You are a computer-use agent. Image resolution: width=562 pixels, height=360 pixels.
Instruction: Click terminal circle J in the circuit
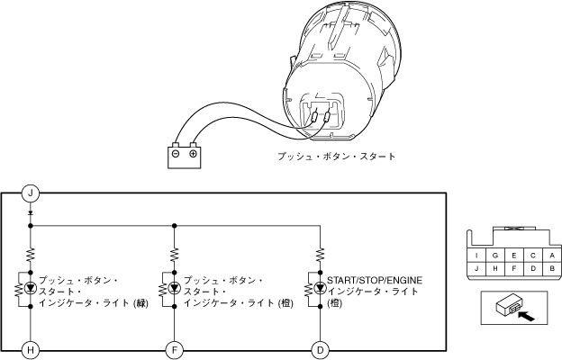[31, 193]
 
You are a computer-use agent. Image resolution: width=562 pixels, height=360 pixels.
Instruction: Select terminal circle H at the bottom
[31, 348]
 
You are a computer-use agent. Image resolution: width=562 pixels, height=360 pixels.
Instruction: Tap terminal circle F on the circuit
[174, 348]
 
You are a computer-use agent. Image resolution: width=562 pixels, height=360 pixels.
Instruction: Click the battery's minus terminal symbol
[177, 153]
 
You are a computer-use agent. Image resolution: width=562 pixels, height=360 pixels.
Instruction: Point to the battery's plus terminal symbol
[193, 153]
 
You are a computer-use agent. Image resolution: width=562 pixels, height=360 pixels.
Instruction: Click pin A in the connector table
[549, 255]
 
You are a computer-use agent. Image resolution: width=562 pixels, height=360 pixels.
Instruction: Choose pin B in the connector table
[549, 268]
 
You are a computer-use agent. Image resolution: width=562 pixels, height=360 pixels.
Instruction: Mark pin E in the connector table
[512, 255]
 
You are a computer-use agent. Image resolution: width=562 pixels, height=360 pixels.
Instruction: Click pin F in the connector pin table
[512, 268]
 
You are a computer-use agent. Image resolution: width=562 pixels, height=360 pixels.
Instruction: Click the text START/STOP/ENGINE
[374, 281]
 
